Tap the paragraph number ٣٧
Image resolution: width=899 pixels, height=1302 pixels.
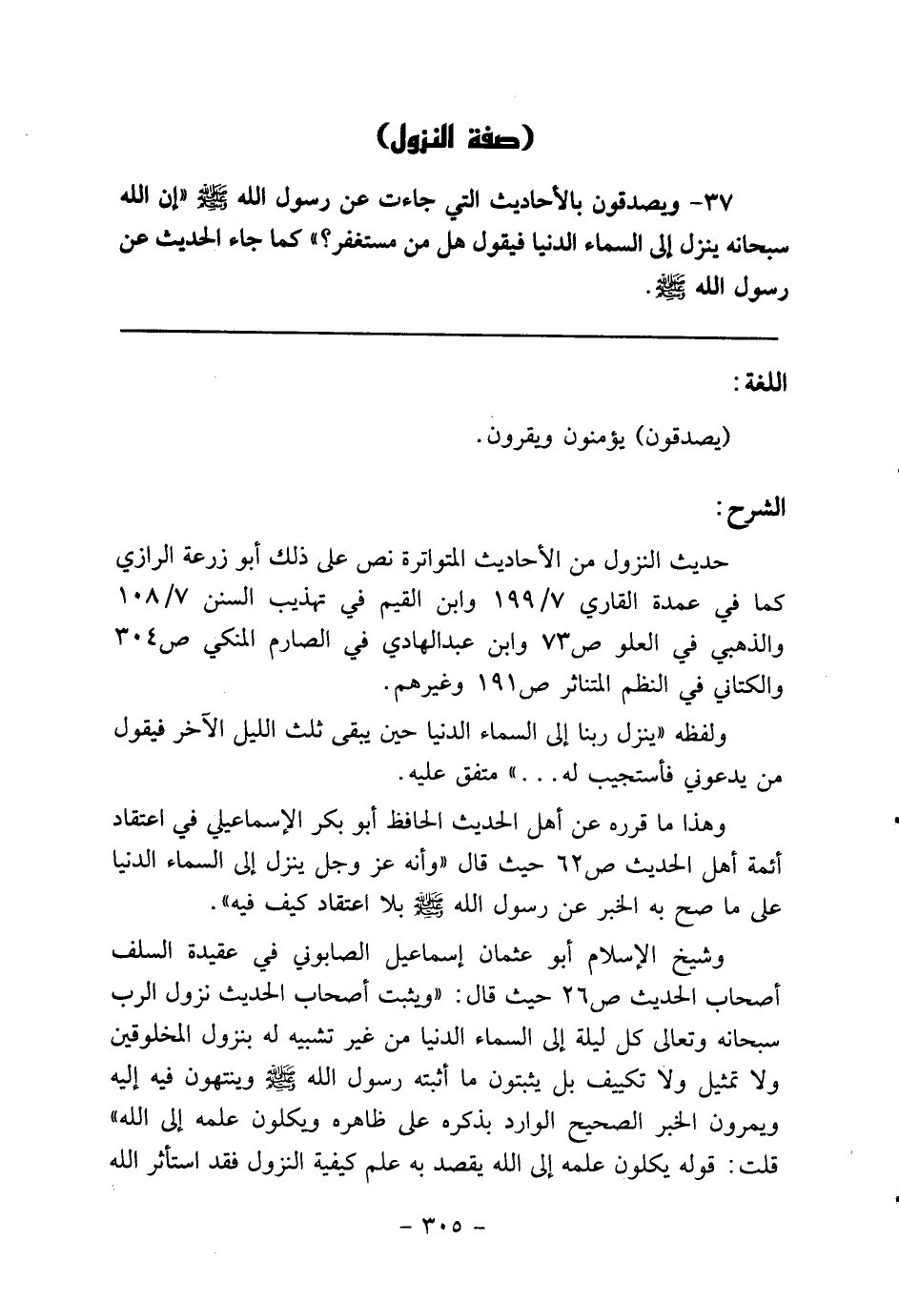click(738, 202)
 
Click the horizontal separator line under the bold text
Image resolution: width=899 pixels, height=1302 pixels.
click(449, 332)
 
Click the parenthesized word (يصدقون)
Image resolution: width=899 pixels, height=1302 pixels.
click(684, 438)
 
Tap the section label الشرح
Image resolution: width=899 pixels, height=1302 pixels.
click(754, 506)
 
